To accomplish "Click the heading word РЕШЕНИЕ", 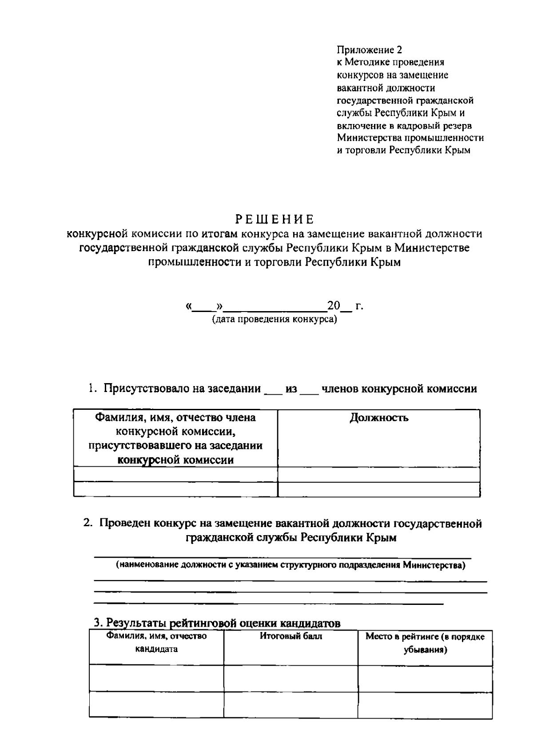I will click(x=274, y=220).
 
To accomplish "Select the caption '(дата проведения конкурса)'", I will click(x=274, y=319).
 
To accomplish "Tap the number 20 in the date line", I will click(x=333, y=306).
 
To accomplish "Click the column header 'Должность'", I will click(x=379, y=418).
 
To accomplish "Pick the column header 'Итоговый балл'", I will click(x=291, y=636).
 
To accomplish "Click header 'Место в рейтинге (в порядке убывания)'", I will click(x=425, y=643).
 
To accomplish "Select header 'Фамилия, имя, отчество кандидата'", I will click(x=156, y=642).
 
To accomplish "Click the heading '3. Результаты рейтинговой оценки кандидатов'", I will click(x=217, y=623).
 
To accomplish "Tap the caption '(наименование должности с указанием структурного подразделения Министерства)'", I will click(x=290, y=565).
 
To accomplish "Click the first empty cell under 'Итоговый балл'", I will click(x=291, y=678).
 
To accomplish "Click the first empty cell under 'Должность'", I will click(x=379, y=475).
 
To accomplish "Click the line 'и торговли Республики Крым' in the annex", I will click(x=403, y=150).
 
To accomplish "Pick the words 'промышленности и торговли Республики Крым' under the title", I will click(x=274, y=262).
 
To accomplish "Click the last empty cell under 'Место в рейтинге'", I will click(x=425, y=704).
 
